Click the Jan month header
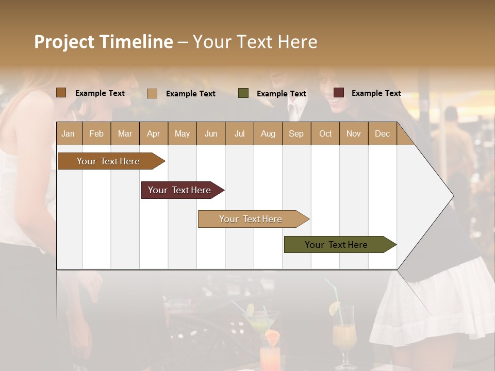(x=68, y=133)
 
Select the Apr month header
(x=153, y=133)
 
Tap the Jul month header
(x=239, y=133)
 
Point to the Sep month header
(x=296, y=133)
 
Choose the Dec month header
(x=382, y=133)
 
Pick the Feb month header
(x=96, y=133)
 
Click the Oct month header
(x=325, y=133)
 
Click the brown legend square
(x=61, y=93)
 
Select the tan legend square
(x=152, y=93)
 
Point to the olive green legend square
(x=243, y=93)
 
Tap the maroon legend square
(x=339, y=93)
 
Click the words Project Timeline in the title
(x=104, y=42)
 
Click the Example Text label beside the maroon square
(x=376, y=93)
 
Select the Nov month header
(x=354, y=133)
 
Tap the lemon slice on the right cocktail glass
(x=335, y=308)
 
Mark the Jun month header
(x=211, y=133)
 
